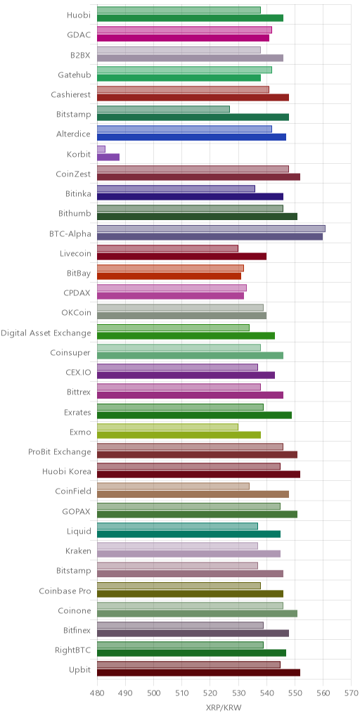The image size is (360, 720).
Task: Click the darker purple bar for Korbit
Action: [x=108, y=157]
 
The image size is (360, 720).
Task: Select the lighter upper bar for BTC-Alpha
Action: [x=211, y=229]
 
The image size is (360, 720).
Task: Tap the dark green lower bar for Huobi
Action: [x=190, y=18]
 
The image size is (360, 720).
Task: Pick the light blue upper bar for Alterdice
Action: [x=185, y=129]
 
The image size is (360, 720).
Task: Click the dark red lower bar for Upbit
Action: [x=199, y=673]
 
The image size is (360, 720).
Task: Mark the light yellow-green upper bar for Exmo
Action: [x=167, y=427]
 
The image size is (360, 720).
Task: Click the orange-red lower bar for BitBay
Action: [x=169, y=276]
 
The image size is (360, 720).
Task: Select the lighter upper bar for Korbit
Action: [x=101, y=149]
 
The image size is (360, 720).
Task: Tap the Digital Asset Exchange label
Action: [x=46, y=333]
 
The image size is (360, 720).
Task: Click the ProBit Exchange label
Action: [x=60, y=452]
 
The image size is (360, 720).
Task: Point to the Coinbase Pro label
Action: [x=64, y=591]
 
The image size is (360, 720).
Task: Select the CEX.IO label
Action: [x=79, y=373]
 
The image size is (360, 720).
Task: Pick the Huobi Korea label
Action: [x=67, y=472]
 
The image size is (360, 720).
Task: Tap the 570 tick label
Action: [x=352, y=692]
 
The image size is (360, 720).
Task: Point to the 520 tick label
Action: [x=210, y=692]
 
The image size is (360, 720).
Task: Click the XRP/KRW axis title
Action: [x=224, y=707]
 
